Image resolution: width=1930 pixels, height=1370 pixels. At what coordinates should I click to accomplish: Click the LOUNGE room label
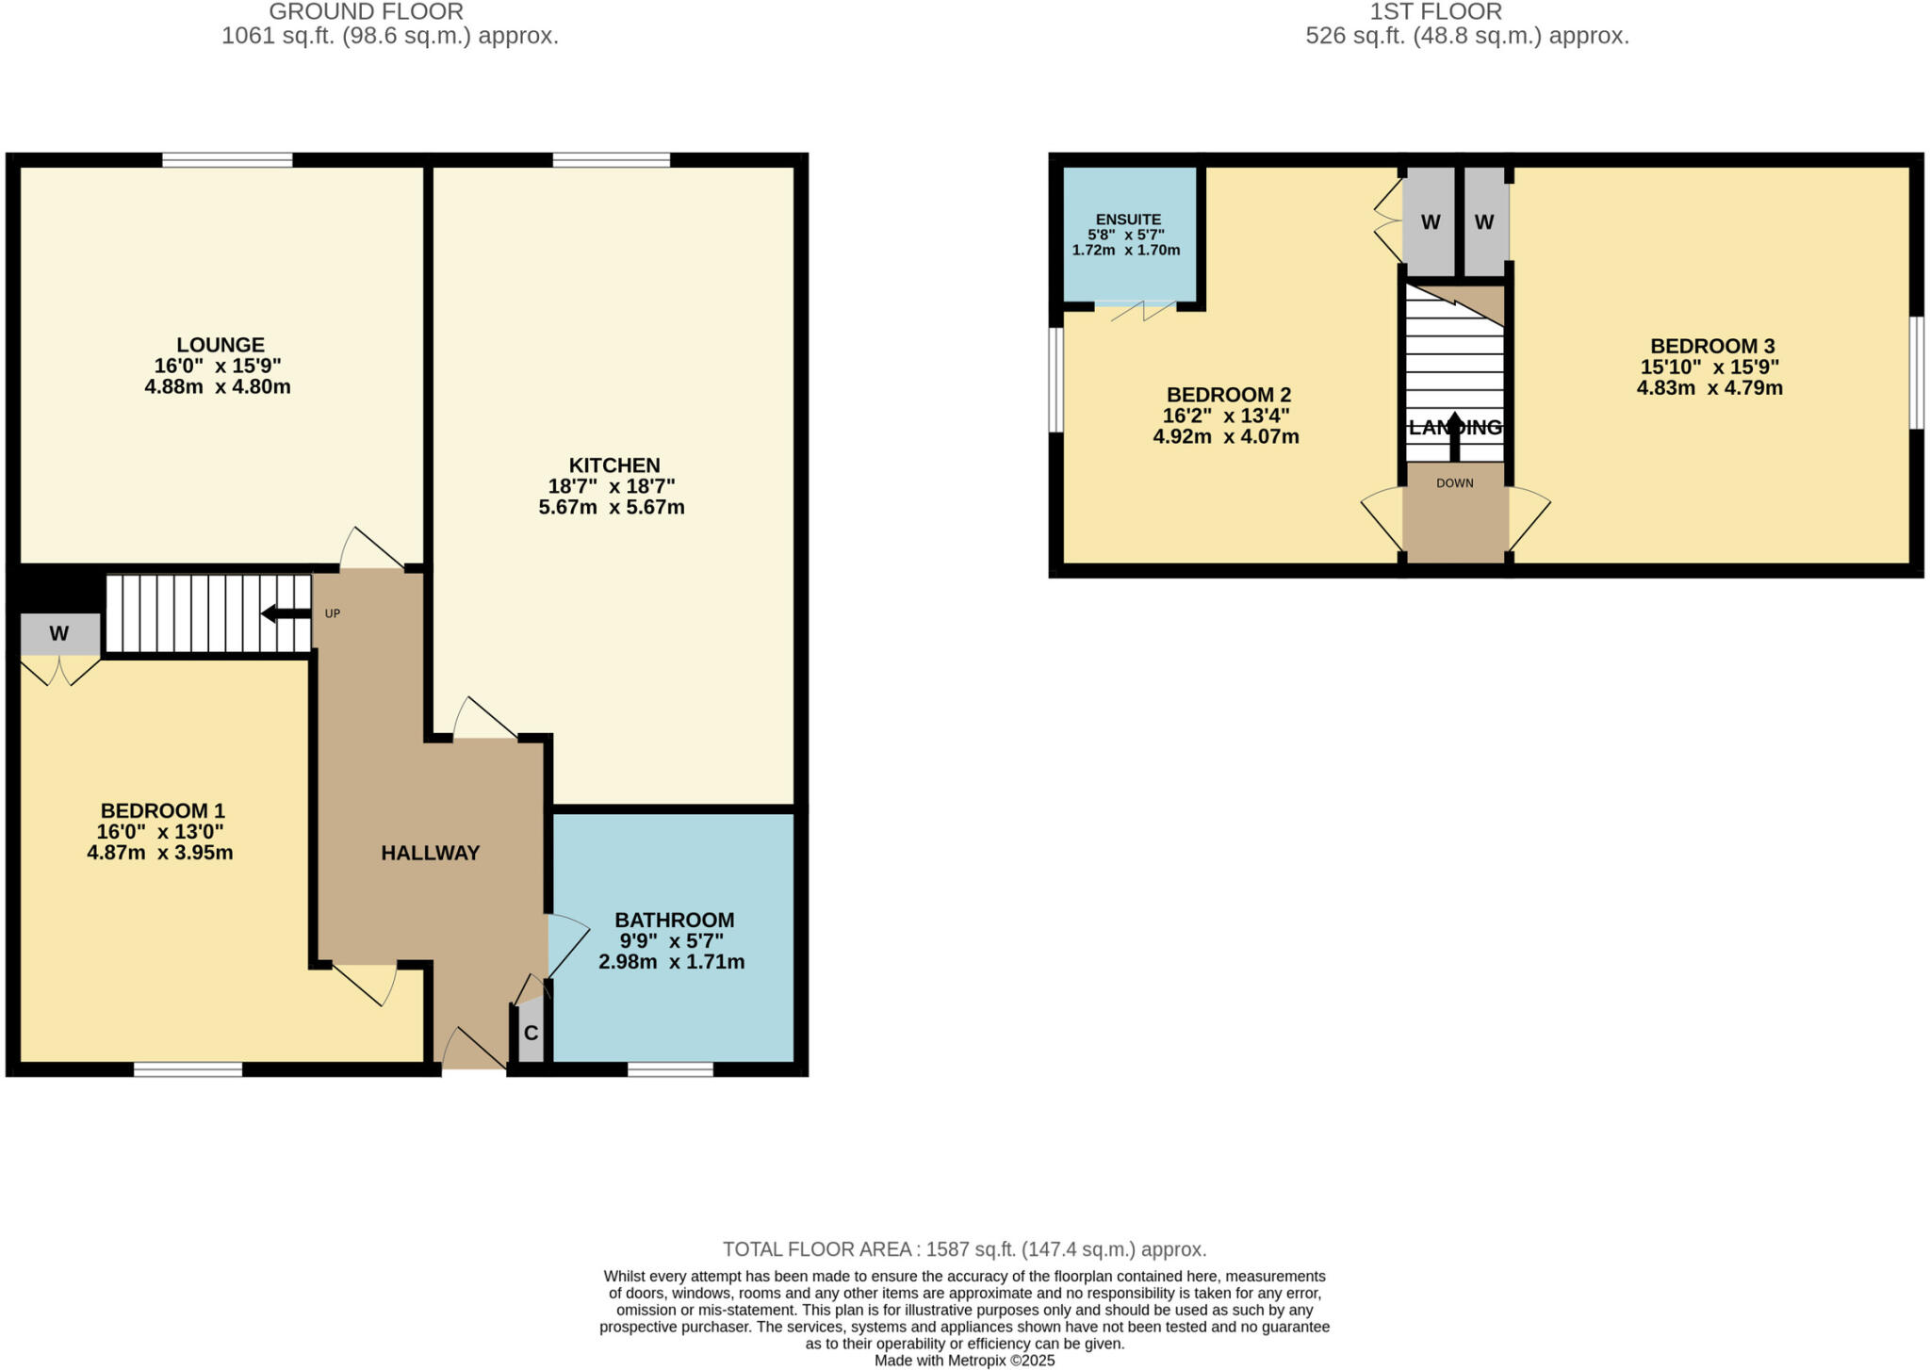tap(221, 345)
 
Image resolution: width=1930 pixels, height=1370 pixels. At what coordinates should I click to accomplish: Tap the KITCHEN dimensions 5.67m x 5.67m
tap(612, 508)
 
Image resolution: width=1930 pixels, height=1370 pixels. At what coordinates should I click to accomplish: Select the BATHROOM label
tap(674, 920)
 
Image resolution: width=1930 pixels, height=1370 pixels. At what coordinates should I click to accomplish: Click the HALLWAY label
tap(431, 853)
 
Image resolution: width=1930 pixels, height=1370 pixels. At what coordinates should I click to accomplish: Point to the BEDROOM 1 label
tap(162, 810)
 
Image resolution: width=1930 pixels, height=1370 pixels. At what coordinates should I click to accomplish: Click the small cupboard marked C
tap(531, 1034)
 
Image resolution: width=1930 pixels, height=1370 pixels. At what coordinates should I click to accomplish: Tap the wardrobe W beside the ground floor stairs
tap(59, 634)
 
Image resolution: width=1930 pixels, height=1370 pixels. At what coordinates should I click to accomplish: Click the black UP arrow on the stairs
tap(285, 614)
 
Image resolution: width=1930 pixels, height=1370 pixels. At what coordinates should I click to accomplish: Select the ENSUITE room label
tap(1128, 220)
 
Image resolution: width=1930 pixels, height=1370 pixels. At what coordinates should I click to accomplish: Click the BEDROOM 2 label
tap(1228, 395)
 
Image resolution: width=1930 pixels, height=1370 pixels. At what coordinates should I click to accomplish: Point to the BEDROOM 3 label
tap(1711, 346)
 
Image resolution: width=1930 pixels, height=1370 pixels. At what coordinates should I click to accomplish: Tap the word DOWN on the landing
tap(1454, 483)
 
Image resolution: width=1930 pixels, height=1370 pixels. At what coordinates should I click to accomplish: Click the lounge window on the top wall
tap(227, 160)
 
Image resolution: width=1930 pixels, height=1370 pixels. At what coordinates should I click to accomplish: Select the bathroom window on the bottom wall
tap(670, 1068)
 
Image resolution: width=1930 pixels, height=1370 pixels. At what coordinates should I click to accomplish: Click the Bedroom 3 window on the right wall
tap(1916, 372)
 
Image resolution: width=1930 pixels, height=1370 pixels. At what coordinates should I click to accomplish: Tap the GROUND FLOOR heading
tap(366, 12)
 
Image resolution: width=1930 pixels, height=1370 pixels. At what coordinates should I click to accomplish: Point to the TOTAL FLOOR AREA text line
tap(964, 1249)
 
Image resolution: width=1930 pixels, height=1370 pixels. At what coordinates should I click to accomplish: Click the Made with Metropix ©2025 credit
tap(964, 1361)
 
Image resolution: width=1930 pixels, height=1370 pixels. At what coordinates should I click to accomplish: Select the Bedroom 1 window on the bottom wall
tap(188, 1068)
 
